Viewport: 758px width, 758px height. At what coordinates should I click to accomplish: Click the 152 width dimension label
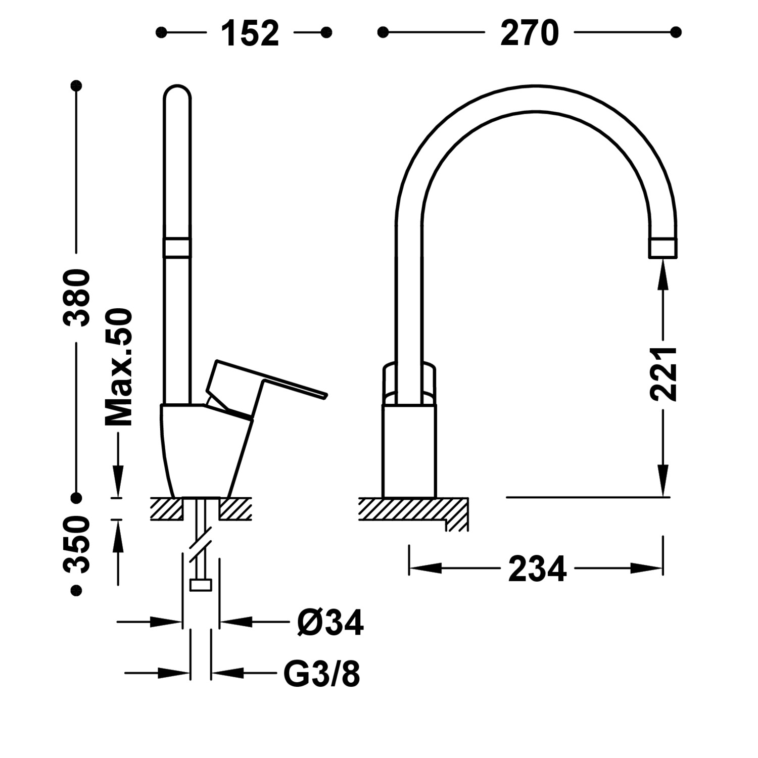250,33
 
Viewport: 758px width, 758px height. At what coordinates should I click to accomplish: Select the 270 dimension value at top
529,33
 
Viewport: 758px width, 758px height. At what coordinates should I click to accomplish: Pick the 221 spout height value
663,374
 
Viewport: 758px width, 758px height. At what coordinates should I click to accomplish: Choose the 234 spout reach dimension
537,568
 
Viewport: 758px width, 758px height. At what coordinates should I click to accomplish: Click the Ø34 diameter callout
330,623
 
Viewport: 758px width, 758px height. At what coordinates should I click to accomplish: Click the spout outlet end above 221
662,249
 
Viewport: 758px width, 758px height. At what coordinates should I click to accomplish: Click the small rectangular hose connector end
200,585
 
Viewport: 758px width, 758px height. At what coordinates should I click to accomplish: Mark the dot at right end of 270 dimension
676,32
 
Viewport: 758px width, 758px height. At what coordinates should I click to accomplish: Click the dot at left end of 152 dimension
161,33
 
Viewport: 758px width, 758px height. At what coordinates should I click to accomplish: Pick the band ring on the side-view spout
177,248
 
